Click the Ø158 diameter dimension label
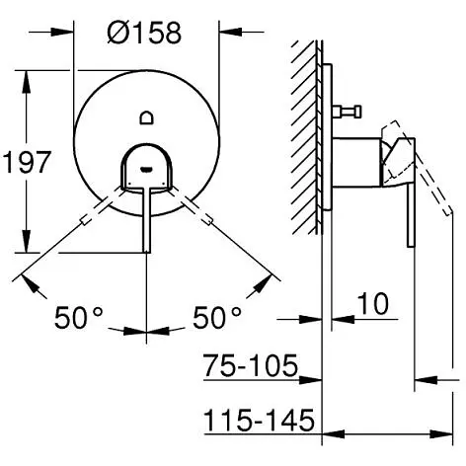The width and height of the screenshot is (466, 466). point(144,33)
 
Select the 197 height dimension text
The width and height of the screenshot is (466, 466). point(27,162)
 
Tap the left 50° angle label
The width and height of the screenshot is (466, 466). point(79,317)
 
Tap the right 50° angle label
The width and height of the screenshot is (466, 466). point(217,317)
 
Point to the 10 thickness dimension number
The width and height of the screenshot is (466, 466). point(373,303)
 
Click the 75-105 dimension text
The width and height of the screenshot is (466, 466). point(251,365)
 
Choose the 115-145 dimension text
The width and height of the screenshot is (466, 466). point(260,420)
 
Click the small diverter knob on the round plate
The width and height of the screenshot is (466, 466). point(146,117)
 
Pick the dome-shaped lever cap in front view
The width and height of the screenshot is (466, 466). point(146,166)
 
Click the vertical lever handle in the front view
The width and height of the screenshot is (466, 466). point(147,219)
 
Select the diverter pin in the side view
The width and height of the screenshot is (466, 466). point(347,112)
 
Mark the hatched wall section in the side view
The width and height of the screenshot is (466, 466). point(304,137)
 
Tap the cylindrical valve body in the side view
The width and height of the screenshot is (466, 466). point(356,162)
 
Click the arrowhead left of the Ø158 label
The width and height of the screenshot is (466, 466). point(61,33)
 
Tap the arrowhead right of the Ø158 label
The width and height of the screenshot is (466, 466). point(230,33)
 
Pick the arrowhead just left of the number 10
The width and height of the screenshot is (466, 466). point(343,319)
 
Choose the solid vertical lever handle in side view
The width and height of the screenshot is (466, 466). point(411,215)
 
